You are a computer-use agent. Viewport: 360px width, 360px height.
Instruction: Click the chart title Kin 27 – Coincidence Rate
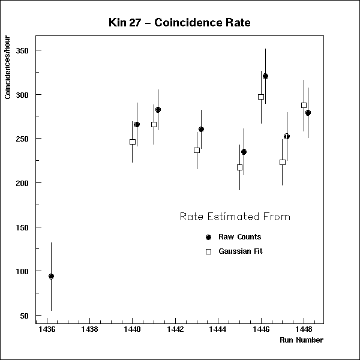tap(180, 23)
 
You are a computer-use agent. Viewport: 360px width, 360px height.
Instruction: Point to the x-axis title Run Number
tap(301, 340)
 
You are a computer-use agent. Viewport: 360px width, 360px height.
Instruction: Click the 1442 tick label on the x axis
tap(175, 329)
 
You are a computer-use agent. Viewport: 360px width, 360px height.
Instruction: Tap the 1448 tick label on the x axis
tap(304, 329)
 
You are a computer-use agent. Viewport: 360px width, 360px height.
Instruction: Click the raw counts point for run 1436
tap(51, 277)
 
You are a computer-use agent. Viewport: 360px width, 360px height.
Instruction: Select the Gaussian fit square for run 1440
tap(133, 142)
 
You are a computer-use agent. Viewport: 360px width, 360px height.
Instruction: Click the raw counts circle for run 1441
tap(158, 110)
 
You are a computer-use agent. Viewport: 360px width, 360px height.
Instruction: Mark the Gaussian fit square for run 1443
tap(197, 150)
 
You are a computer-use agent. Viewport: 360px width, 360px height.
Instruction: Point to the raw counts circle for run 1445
tap(244, 152)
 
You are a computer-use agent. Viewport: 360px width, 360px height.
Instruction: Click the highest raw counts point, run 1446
tap(265, 76)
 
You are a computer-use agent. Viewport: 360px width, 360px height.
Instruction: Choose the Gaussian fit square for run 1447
tap(283, 162)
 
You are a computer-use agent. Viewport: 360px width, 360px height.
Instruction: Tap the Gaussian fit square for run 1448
tap(304, 105)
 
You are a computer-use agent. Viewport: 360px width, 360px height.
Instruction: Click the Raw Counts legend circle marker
tap(208, 237)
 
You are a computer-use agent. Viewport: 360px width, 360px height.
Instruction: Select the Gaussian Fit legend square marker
tap(208, 252)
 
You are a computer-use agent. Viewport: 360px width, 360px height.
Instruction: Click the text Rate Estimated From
tap(235, 217)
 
